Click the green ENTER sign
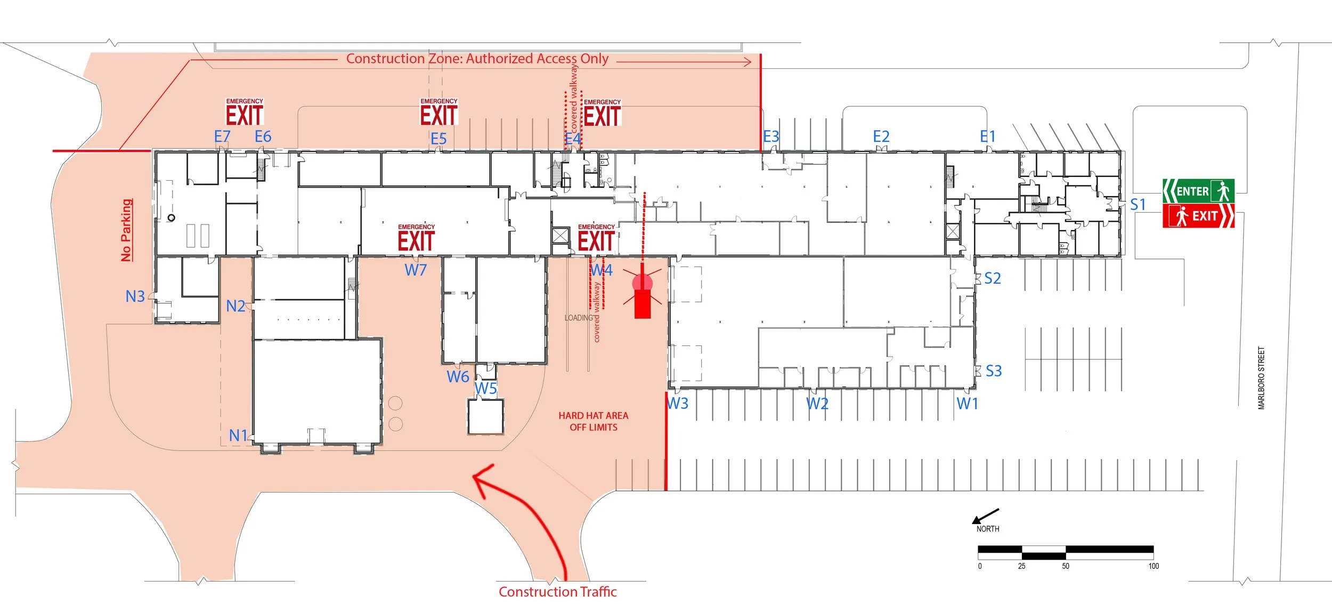point(1198,191)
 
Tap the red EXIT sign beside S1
point(1198,216)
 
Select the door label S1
point(1138,205)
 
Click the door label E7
point(222,137)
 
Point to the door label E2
point(881,137)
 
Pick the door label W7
point(416,270)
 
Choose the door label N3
point(135,296)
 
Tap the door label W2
point(817,404)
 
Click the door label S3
point(994,371)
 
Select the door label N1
point(238,436)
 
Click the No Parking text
point(126,230)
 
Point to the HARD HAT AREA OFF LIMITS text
point(593,421)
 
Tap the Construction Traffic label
point(557,592)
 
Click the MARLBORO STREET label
point(1261,378)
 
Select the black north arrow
point(985,516)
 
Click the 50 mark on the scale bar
point(1066,566)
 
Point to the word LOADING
point(579,318)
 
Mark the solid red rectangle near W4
point(643,304)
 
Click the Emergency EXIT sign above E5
point(439,112)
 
